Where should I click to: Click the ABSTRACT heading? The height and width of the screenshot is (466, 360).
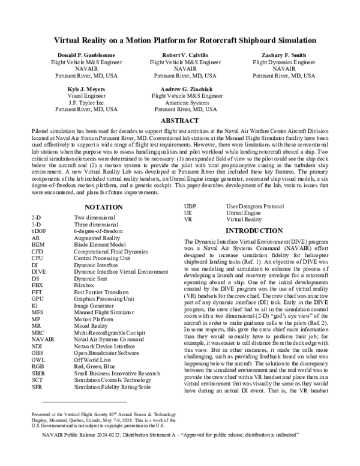[x=180, y=121]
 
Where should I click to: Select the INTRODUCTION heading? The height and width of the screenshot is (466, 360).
[x=257, y=230]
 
